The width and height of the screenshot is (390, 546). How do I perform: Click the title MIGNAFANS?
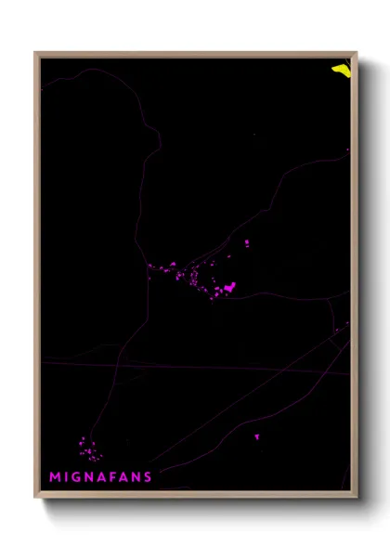(101, 477)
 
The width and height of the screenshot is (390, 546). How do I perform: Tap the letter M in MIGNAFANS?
(56, 477)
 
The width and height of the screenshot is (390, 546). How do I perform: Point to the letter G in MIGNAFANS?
(78, 477)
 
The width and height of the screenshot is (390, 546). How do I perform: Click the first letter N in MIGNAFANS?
(91, 477)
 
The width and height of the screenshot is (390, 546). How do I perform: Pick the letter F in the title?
(114, 477)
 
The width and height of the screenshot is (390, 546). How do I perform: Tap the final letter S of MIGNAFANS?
(148, 477)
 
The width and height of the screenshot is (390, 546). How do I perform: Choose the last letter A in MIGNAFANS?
(124, 477)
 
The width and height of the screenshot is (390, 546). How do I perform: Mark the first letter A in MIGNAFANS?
(103, 477)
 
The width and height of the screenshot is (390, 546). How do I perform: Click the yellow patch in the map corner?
(341, 69)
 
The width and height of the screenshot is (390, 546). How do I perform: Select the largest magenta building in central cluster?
(229, 287)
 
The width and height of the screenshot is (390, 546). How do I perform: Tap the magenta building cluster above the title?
(89, 450)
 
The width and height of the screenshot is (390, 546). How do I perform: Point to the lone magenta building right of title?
(257, 436)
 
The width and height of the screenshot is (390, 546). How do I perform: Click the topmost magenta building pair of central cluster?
(247, 243)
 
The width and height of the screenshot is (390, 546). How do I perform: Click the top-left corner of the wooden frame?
(36, 53)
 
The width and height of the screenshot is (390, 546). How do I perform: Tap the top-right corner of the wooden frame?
(356, 53)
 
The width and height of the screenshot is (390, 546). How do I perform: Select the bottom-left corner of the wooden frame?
(36, 497)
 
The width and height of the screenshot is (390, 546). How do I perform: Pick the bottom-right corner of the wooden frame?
(356, 497)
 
